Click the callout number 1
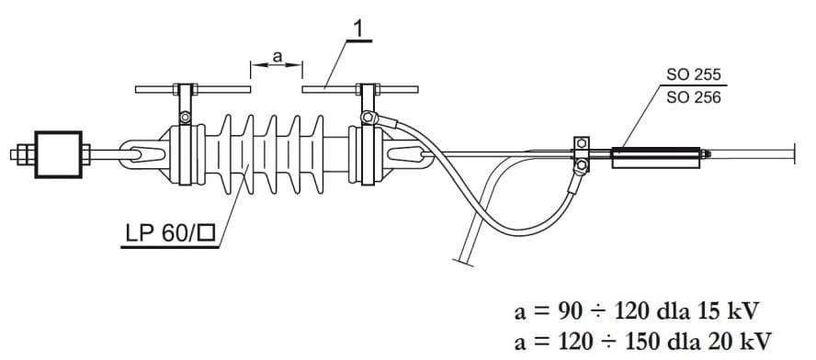[x=360, y=30]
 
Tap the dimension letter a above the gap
[x=278, y=57]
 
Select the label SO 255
[x=694, y=75]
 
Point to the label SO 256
[x=694, y=97]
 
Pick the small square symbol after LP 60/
[x=207, y=233]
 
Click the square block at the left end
[x=58, y=154]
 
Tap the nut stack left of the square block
[x=23, y=154]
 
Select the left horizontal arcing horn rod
[x=193, y=89]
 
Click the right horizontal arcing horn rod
[x=360, y=89]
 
